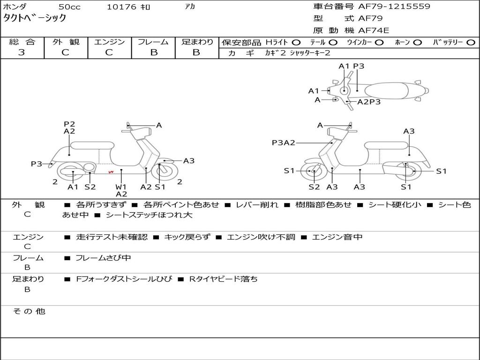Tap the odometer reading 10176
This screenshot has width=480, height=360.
click(x=121, y=7)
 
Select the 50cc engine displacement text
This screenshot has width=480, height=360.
click(x=69, y=7)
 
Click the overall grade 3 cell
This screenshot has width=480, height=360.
click(x=22, y=52)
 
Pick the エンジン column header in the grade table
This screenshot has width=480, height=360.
click(x=109, y=42)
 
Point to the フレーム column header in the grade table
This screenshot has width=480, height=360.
click(x=153, y=42)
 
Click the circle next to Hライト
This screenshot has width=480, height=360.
click(x=296, y=42)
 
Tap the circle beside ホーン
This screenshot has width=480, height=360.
click(x=417, y=42)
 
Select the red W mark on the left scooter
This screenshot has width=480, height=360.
click(x=111, y=172)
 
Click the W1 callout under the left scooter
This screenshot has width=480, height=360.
click(x=121, y=187)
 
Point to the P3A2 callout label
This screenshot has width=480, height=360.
click(x=283, y=142)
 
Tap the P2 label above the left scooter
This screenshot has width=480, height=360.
click(x=69, y=124)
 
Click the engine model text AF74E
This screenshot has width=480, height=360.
click(x=374, y=30)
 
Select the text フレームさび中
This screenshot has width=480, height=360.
click(x=103, y=258)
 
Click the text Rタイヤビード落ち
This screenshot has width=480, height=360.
click(x=223, y=279)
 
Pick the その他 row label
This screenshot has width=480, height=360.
click(x=29, y=311)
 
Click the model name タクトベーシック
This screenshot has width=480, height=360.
click(x=35, y=18)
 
